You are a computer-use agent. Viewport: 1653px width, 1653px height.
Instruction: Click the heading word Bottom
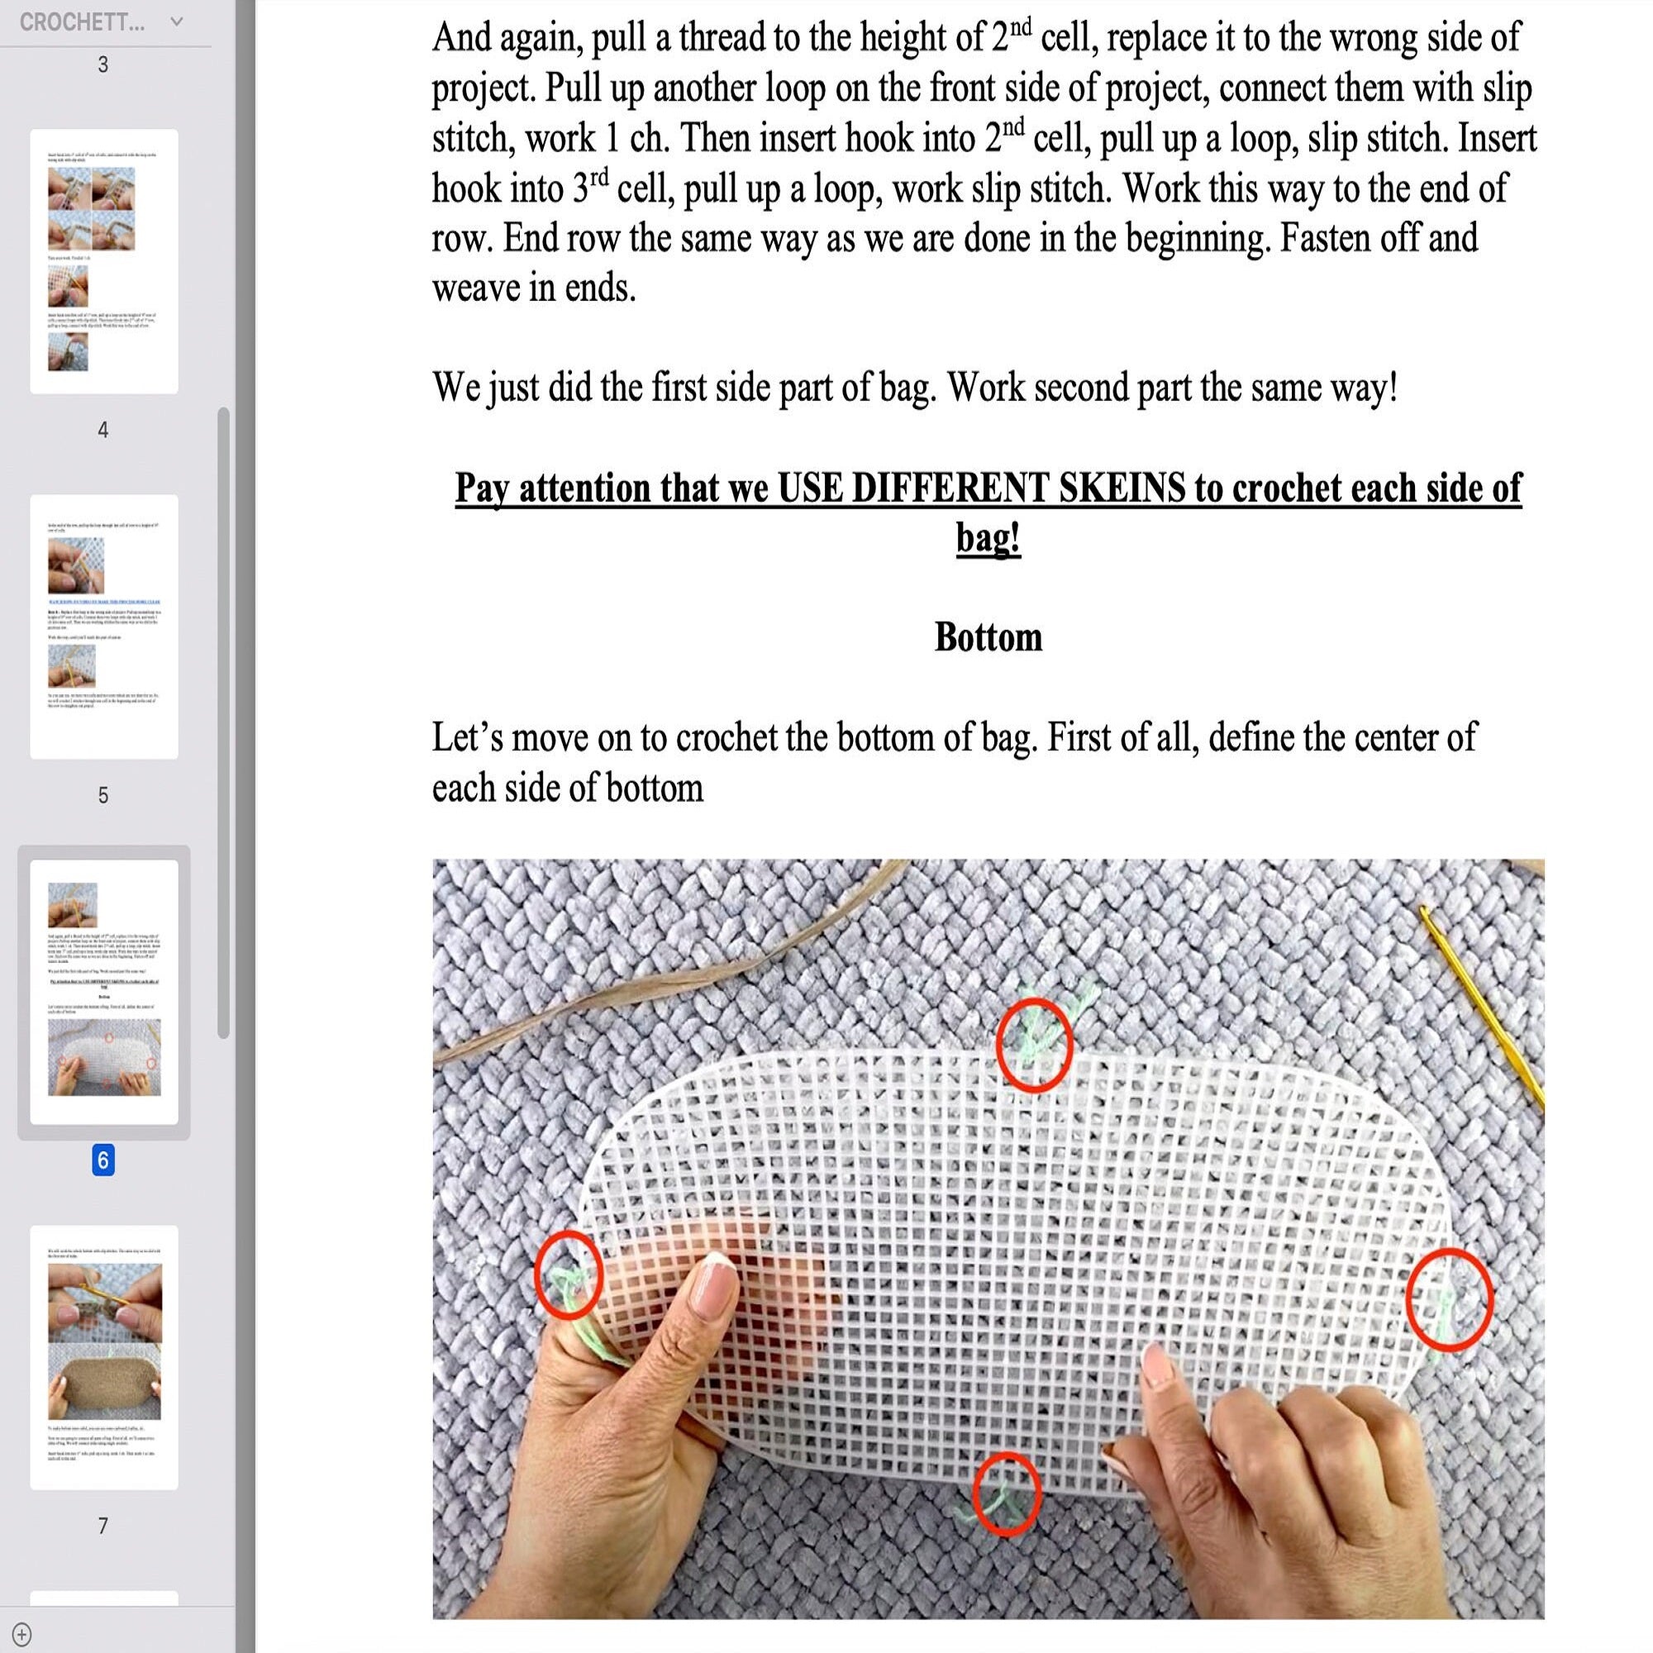(988, 637)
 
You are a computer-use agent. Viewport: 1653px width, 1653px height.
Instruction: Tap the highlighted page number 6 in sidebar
(102, 1160)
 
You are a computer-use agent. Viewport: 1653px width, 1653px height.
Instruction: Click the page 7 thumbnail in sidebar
(103, 1357)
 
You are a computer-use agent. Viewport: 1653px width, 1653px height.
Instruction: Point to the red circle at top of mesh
(1034, 1045)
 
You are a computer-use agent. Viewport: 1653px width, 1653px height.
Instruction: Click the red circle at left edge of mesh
(568, 1274)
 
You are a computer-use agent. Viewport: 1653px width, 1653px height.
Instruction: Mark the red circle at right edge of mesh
(1450, 1298)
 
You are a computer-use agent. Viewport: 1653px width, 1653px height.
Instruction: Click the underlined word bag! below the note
(988, 538)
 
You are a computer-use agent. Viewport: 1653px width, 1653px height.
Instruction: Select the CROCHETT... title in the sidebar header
(82, 22)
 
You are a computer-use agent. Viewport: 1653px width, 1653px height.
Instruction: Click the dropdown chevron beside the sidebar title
(176, 21)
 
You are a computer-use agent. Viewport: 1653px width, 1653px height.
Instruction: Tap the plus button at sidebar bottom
(22, 1634)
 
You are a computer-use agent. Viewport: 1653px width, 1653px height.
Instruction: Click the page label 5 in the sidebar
(102, 795)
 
